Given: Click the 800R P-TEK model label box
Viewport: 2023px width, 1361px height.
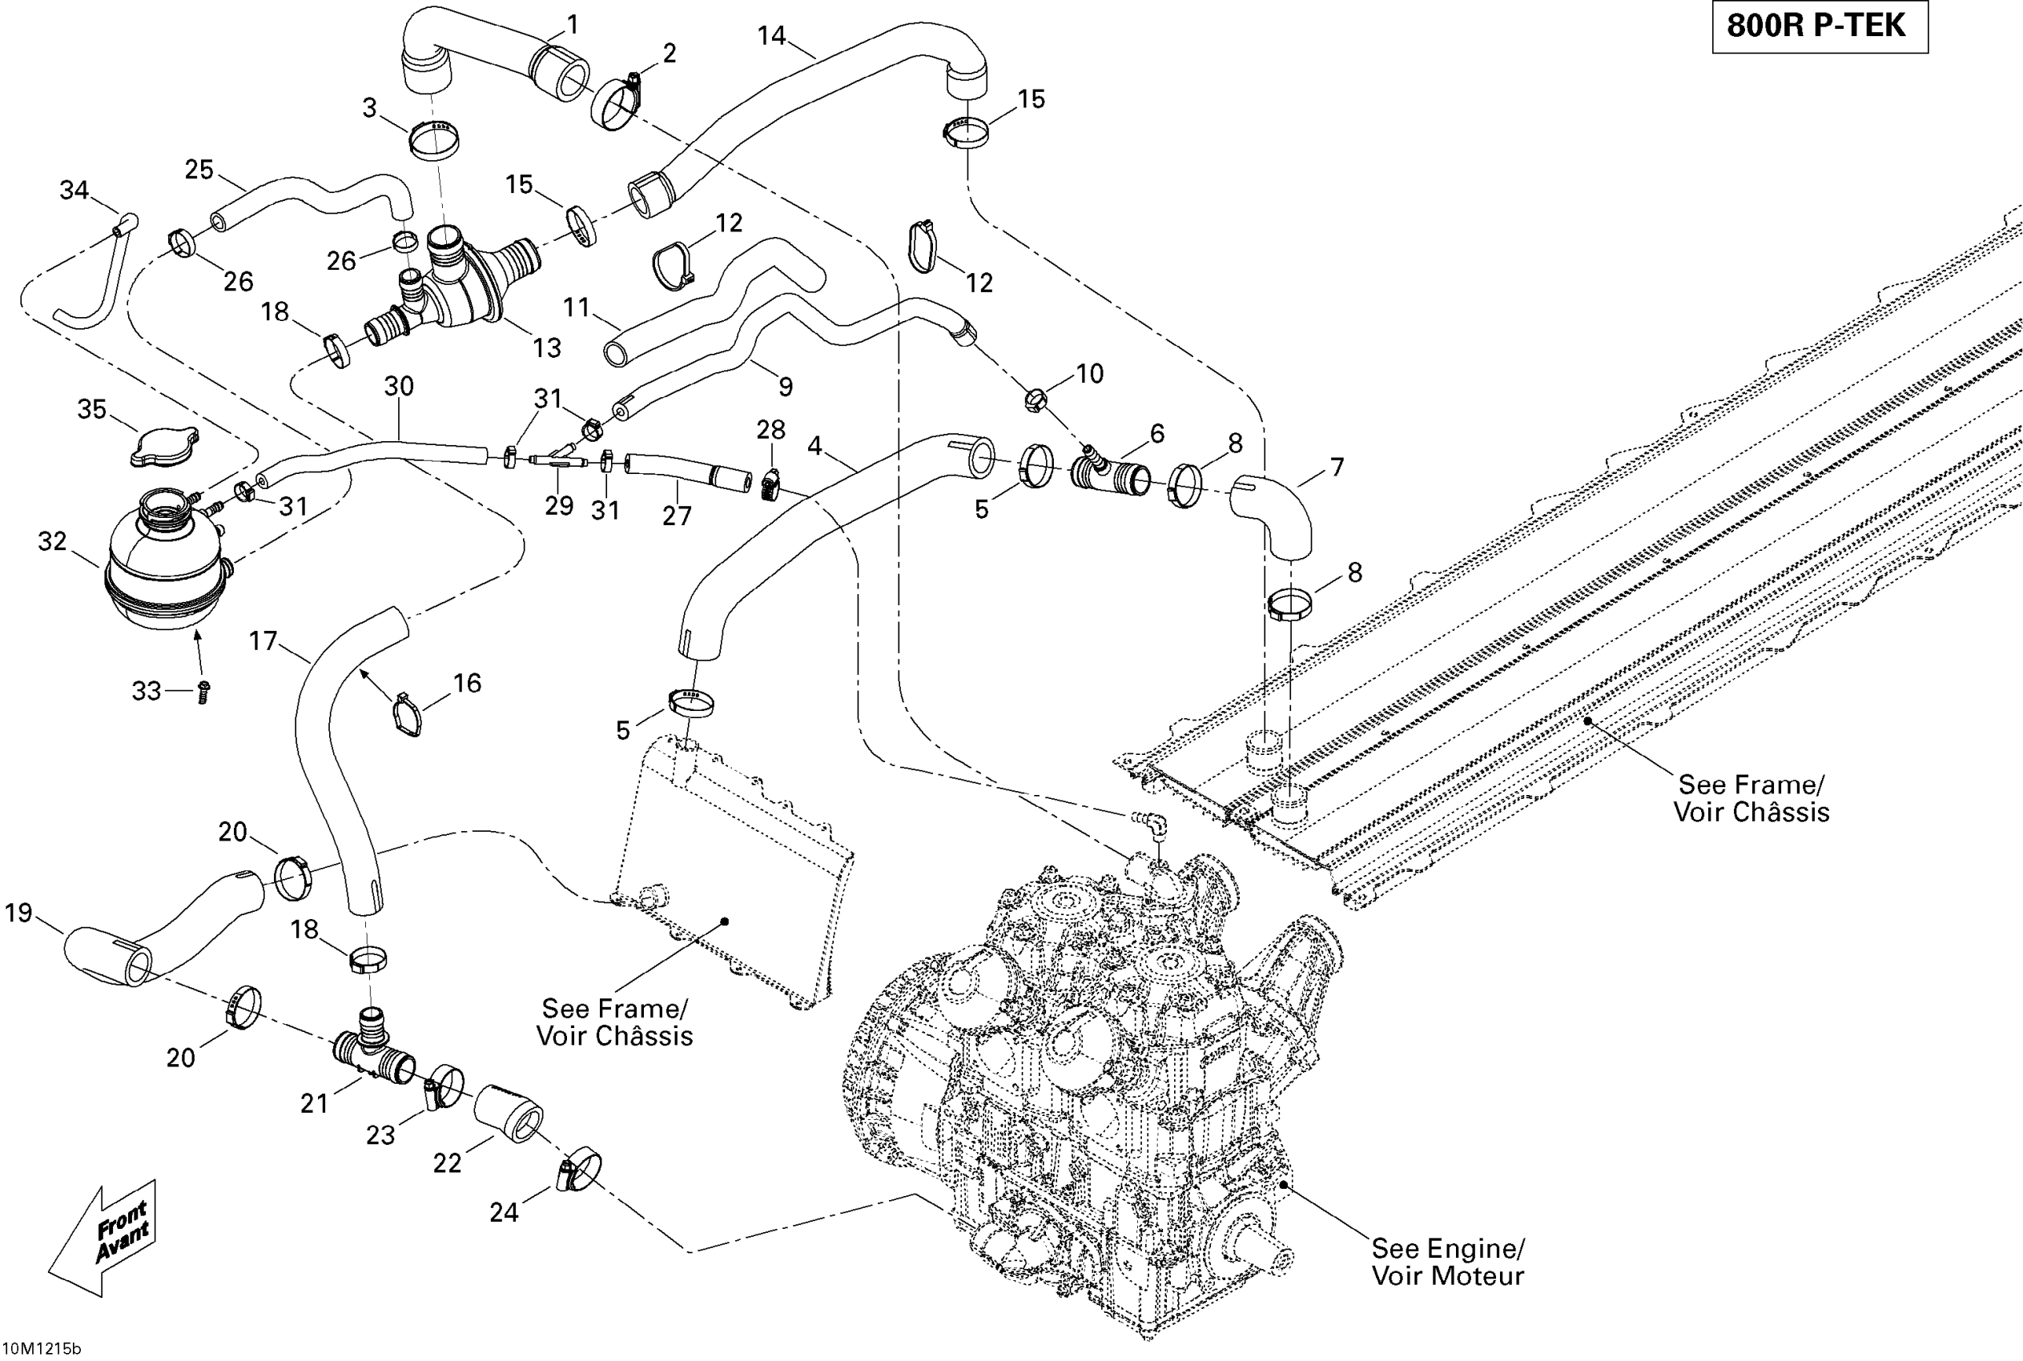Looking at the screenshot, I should pos(1819,27).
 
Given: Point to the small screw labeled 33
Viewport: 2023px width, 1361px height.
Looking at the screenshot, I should pos(203,693).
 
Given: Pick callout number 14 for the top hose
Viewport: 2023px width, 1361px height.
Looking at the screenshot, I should pos(771,35).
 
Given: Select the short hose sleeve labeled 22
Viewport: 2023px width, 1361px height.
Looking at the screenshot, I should pos(509,1113).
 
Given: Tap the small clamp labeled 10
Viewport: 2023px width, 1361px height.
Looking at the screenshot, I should pos(1035,400).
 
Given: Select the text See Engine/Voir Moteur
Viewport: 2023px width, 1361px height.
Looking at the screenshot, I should pos(1447,1261).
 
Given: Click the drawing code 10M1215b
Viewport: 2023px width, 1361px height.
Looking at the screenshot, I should pos(41,1348).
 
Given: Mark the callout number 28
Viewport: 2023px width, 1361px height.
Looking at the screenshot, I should pos(770,430).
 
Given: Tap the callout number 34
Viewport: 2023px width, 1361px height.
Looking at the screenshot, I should pos(74,189).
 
